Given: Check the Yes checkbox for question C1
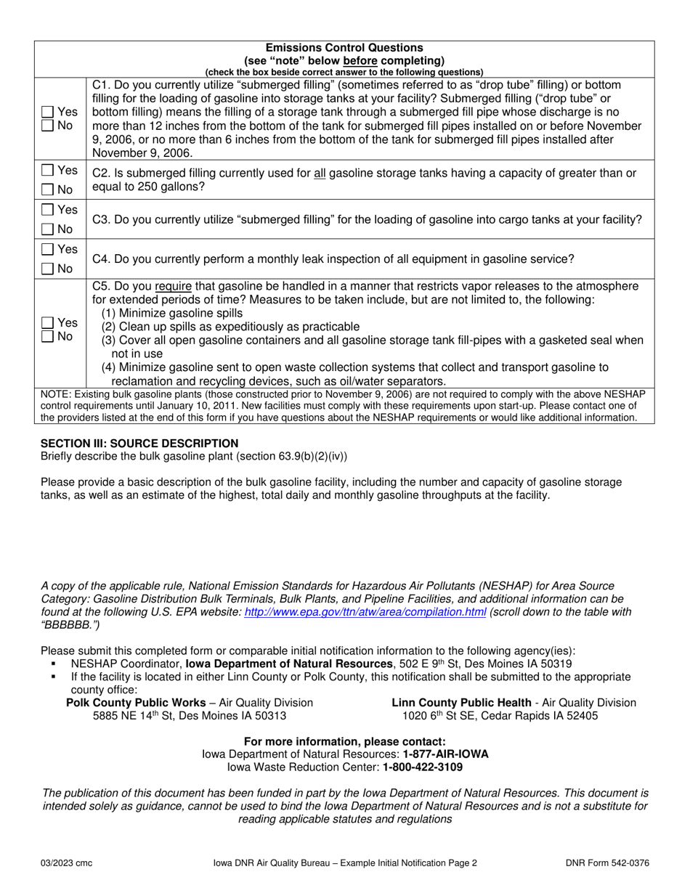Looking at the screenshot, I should tap(47, 113).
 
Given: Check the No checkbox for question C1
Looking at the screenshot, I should tap(47, 126).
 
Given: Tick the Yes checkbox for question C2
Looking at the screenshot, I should tap(47, 171).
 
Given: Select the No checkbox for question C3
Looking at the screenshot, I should tap(47, 229).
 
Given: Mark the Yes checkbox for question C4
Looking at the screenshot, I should tap(47, 249).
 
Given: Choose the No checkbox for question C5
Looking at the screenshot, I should tap(47, 335).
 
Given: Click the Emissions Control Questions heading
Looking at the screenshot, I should tap(344, 48).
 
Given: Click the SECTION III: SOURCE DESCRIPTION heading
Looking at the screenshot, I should tap(139, 443).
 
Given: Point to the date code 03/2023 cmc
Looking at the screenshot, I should tap(66, 863).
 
